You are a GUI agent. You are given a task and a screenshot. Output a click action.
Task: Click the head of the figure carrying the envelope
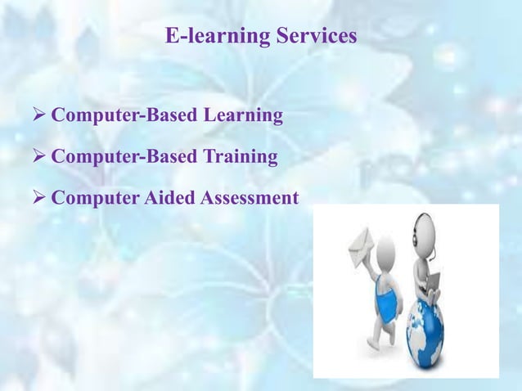coord(387,249)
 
